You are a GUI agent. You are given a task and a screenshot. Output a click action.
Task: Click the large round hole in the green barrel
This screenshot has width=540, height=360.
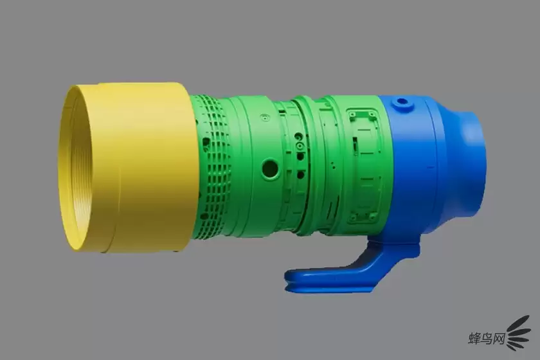[x=270, y=168]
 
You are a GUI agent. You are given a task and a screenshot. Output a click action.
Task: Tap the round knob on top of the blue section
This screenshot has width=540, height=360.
[x=402, y=103]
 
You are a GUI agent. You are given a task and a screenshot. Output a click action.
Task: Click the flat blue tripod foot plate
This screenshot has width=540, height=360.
[x=327, y=278]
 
